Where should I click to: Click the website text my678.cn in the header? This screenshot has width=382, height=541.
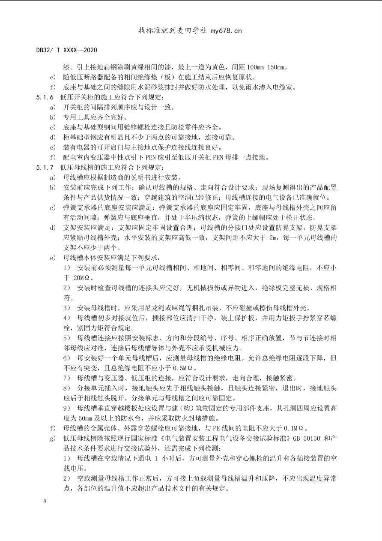(227, 30)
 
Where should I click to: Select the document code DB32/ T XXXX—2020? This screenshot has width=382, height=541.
(66, 50)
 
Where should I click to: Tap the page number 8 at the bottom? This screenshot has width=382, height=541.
(45, 501)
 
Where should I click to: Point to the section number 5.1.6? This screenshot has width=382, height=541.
(45, 97)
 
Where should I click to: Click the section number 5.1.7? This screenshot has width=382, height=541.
(45, 167)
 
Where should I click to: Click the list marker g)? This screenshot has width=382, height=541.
(53, 438)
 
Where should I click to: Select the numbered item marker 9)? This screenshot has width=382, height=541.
(66, 408)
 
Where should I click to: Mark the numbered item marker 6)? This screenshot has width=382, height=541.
(66, 358)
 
